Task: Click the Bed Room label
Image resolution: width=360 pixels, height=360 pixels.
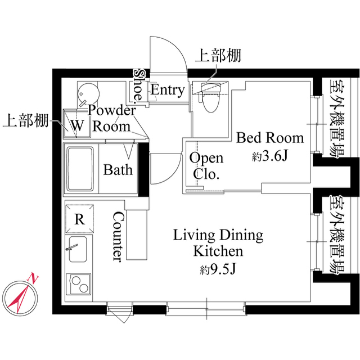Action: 269,138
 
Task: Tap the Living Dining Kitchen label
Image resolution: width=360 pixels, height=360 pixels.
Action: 218,242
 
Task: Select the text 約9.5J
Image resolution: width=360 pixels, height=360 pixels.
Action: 218,269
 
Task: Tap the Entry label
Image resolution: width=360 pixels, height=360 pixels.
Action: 167,90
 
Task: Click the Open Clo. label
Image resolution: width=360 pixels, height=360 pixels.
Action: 206,166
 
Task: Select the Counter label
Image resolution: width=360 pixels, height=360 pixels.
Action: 119,237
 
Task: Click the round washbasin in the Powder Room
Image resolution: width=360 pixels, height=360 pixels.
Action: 87,92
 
